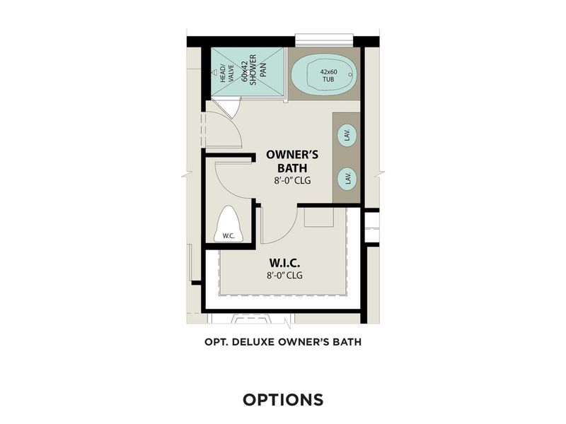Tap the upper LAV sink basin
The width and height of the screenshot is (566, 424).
tap(347, 134)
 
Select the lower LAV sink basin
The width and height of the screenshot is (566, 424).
tap(347, 177)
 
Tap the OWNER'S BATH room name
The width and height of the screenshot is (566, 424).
tap(286, 161)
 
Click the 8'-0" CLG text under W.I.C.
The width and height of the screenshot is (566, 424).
tap(284, 275)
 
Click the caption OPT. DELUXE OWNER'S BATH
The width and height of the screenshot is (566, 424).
tap(283, 343)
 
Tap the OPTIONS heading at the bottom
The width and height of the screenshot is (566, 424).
tap(283, 399)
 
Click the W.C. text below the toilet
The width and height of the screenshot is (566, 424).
tap(228, 235)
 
